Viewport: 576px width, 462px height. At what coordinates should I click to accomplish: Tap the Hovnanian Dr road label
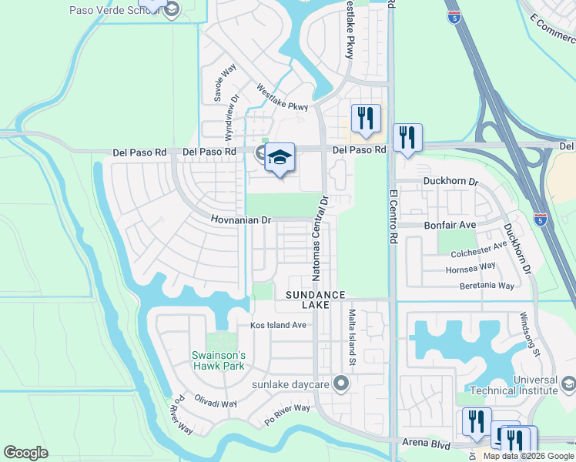pos(242,220)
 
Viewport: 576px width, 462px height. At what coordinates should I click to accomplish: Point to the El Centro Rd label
pos(393,216)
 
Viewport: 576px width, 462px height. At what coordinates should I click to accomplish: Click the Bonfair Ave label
pos(451,225)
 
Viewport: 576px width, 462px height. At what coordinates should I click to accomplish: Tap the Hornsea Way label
pos(471,269)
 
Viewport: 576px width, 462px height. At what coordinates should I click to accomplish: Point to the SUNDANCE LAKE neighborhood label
pos(314,300)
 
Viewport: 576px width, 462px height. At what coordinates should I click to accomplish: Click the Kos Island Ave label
pos(278,326)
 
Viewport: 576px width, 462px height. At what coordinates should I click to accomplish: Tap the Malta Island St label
pos(351,336)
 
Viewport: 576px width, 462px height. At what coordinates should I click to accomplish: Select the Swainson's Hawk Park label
pos(218,360)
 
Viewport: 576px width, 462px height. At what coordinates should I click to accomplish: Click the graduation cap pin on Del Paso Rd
pos(280,158)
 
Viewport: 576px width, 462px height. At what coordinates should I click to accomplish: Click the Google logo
pos(25,453)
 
